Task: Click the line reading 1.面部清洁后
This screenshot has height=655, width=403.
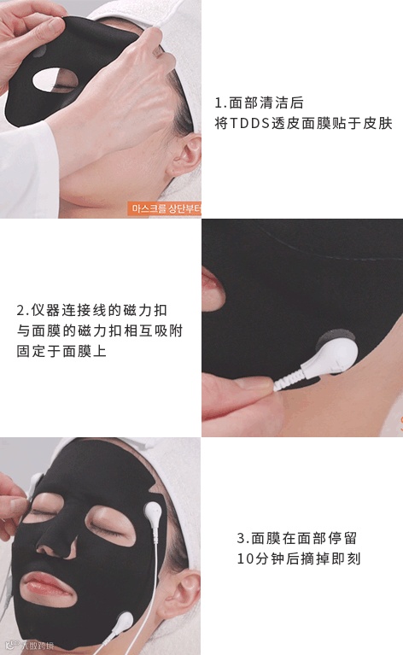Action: [259, 102]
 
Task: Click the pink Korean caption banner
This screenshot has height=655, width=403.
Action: [163, 209]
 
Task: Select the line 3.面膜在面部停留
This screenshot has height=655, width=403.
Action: [296, 539]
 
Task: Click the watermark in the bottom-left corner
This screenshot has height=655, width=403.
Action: [26, 646]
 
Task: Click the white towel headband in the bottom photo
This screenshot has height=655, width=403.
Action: [128, 461]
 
